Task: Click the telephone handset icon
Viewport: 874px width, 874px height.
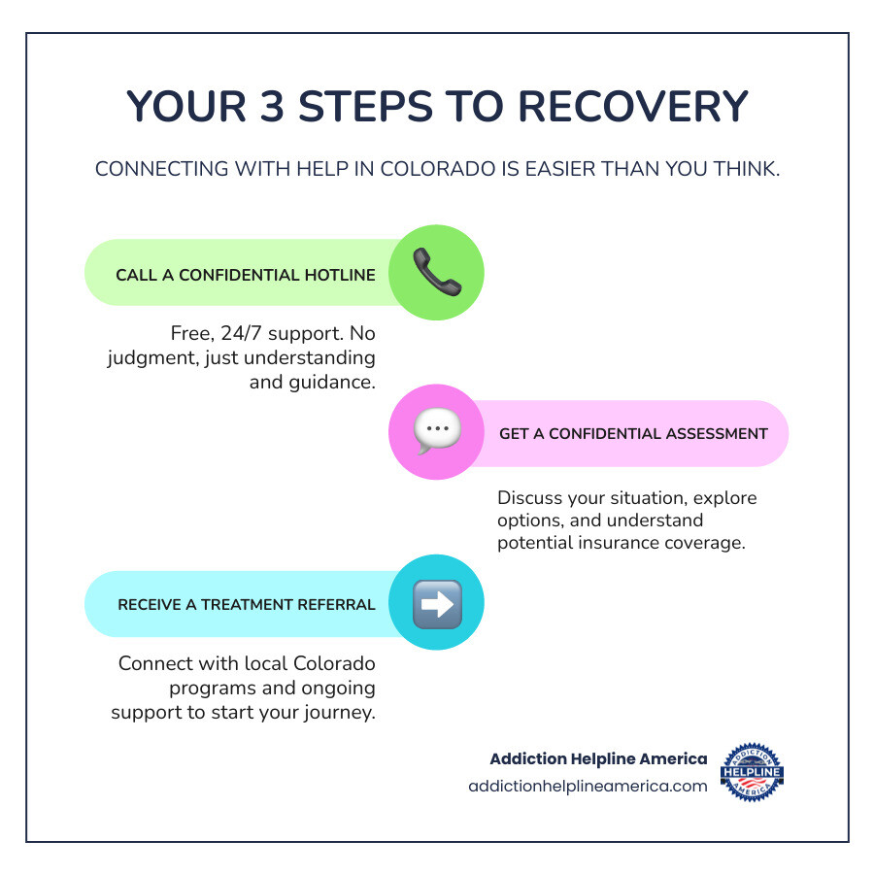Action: (x=437, y=273)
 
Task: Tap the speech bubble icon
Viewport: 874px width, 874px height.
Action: (x=436, y=432)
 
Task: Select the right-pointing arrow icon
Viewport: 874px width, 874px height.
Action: (x=437, y=604)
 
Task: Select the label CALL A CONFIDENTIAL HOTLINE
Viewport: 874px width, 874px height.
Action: (x=246, y=275)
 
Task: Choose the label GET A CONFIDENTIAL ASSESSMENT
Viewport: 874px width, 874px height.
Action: (x=633, y=433)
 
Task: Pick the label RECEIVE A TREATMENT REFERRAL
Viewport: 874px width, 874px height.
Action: (x=247, y=604)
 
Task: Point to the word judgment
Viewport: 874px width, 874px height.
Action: (x=147, y=358)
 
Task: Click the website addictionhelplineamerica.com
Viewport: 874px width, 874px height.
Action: (x=588, y=787)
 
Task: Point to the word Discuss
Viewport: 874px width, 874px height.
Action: (x=531, y=498)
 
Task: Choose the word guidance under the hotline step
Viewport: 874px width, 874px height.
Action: (x=335, y=382)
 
